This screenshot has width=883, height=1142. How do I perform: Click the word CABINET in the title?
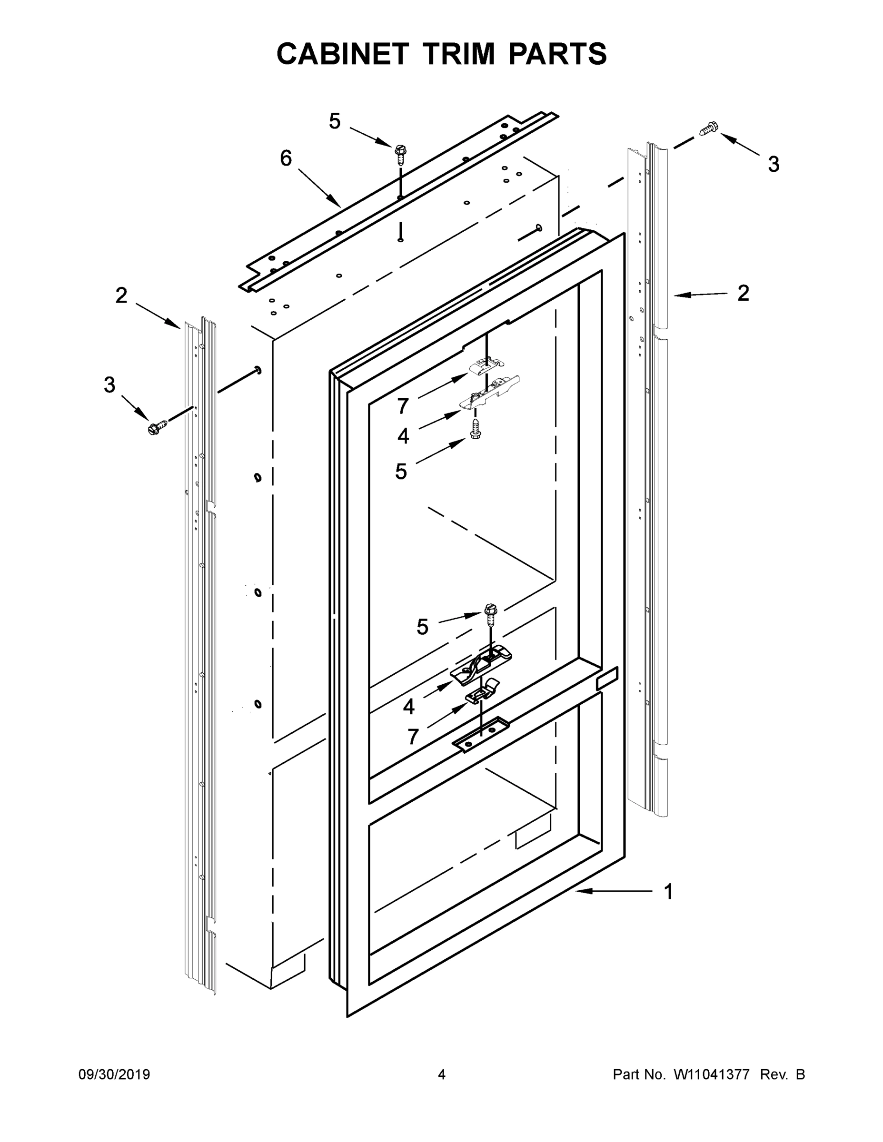(x=342, y=54)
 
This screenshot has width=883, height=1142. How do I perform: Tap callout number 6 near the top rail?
(x=286, y=158)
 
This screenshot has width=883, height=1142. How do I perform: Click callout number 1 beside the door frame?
(x=668, y=892)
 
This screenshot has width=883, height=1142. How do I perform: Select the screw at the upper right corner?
(x=709, y=128)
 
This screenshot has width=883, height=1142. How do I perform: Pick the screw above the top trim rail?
(x=401, y=153)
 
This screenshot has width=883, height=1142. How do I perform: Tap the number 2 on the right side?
(x=743, y=293)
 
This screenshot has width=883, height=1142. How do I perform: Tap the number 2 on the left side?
(x=121, y=295)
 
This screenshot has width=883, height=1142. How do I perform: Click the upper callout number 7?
(x=402, y=406)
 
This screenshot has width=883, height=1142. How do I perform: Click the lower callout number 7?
(x=413, y=737)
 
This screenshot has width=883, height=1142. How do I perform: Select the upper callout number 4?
(x=403, y=435)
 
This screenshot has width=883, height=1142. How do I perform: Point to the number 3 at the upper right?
(x=773, y=164)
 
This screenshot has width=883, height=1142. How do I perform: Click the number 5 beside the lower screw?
(x=423, y=626)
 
